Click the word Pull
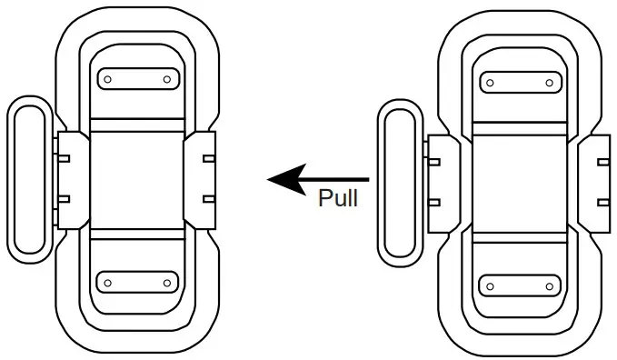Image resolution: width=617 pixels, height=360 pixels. coord(338,197)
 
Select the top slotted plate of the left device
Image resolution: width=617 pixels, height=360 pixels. coord(137,79)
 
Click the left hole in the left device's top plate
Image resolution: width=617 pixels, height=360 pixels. coord(107,79)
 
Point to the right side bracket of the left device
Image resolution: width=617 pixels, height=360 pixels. coord(202,178)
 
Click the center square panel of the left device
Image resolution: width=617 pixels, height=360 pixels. coord(137,180)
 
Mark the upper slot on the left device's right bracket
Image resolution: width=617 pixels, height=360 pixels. coord(209,159)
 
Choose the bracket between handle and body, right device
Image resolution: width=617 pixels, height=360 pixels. coord(443,184)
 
